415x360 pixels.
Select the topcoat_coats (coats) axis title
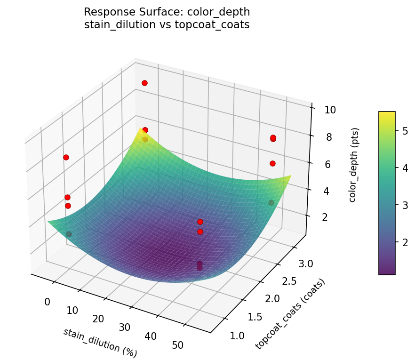click(290, 314)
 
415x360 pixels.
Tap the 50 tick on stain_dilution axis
click(178, 345)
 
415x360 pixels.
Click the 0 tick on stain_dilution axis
click(47, 302)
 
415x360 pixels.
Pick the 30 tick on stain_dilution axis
click(124, 327)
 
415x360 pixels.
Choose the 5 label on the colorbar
click(405, 131)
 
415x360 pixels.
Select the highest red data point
click(144, 83)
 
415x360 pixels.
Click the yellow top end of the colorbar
click(387, 114)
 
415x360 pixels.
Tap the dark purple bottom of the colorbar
click(387, 272)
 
